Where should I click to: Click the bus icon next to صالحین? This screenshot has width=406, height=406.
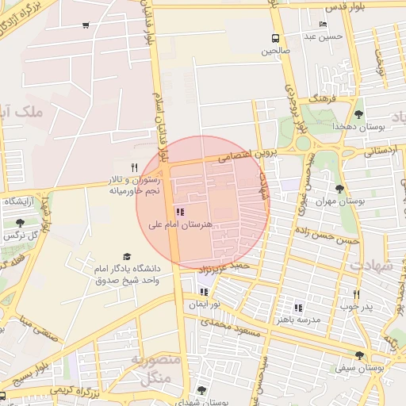(275, 38)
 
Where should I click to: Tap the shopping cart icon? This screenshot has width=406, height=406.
(86, 25)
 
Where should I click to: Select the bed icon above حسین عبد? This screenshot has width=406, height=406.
(322, 25)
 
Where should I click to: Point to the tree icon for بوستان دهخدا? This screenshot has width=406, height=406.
(358, 114)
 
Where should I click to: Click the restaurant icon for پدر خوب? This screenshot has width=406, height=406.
(357, 294)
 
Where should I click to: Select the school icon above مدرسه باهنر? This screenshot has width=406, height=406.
(298, 308)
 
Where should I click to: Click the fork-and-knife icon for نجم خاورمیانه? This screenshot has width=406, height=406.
(134, 168)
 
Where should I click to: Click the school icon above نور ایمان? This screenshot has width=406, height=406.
(205, 292)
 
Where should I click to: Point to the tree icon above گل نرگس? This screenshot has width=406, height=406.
(19, 223)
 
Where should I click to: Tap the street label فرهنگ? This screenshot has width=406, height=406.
(324, 99)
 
